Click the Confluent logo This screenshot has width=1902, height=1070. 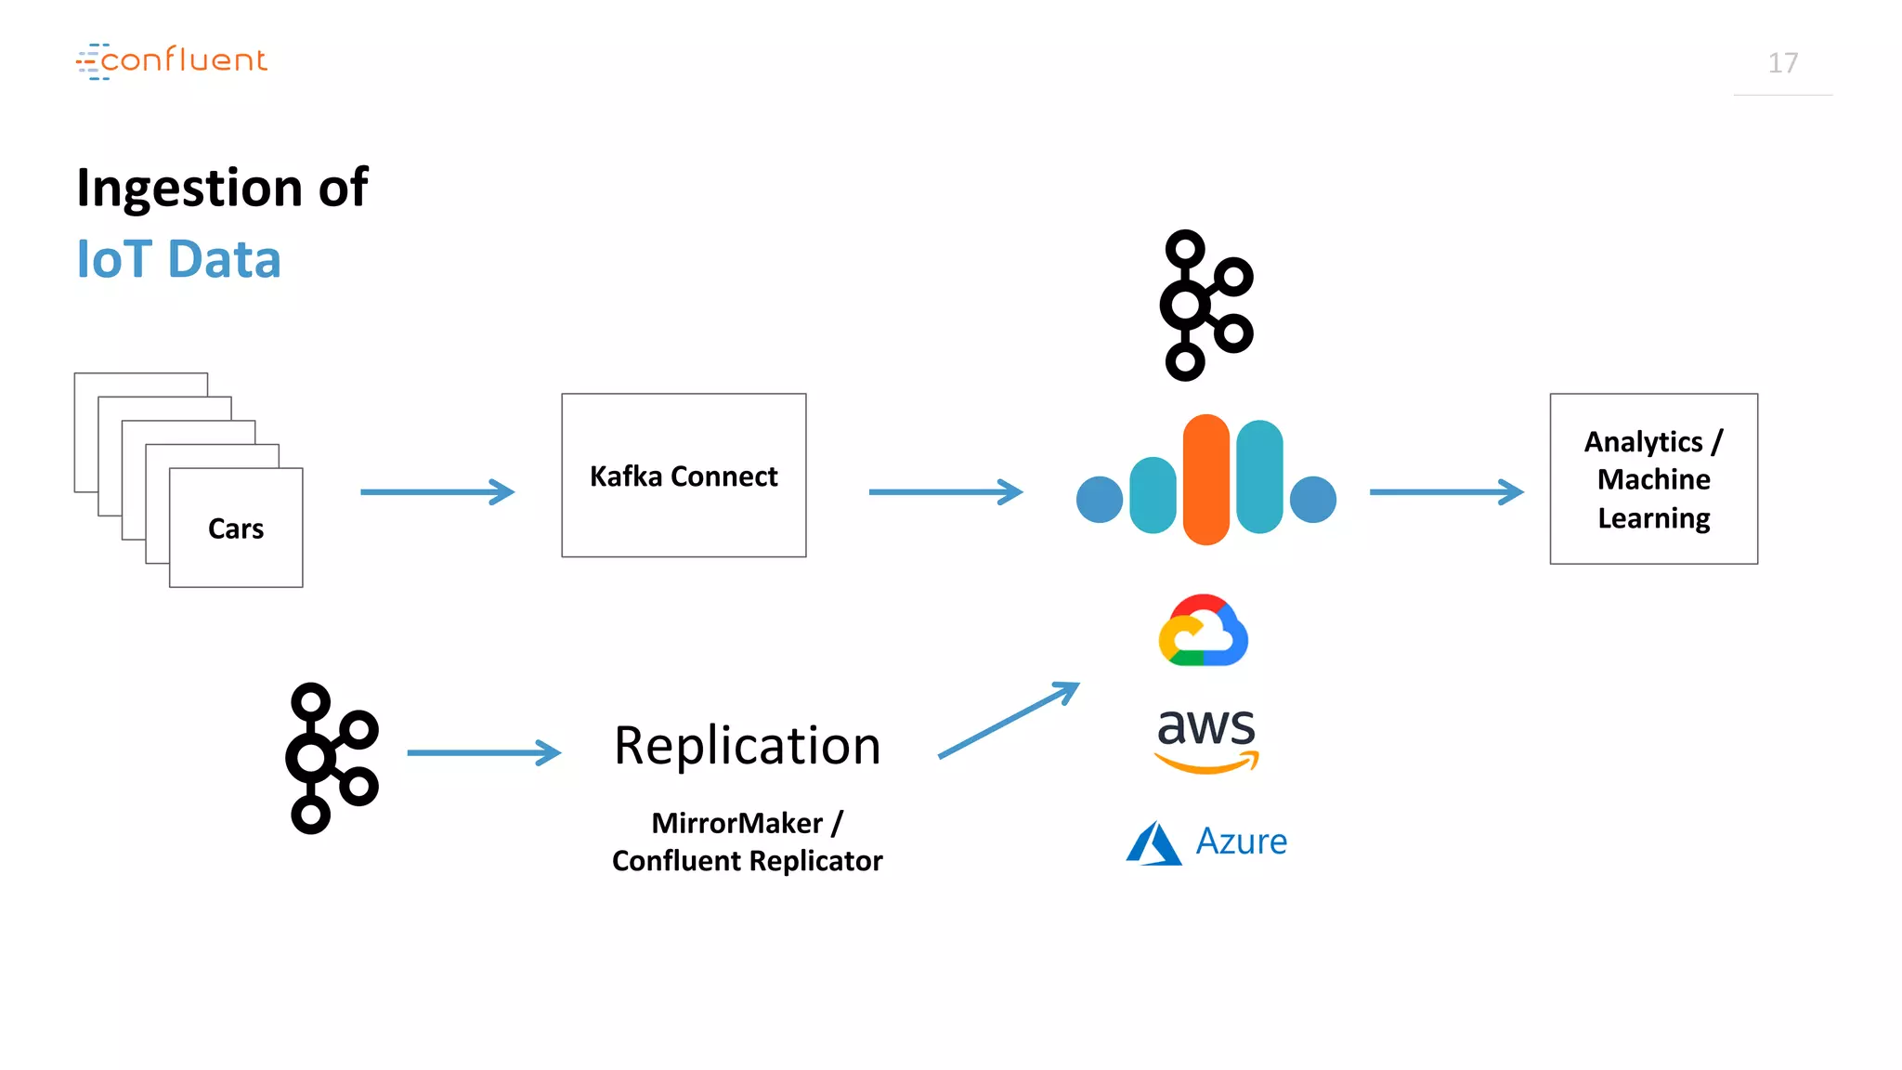click(172, 60)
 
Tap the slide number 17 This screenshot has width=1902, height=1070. click(1782, 63)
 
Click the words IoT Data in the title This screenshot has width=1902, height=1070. click(178, 259)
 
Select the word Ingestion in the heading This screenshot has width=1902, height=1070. click(189, 188)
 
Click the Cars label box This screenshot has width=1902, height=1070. click(236, 528)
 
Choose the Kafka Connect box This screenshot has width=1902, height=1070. click(684, 476)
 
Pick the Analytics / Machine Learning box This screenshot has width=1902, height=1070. click(1653, 479)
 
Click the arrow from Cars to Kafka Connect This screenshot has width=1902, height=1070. click(436, 491)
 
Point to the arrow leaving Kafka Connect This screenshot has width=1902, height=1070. click(944, 491)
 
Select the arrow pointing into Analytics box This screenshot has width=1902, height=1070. click(1446, 491)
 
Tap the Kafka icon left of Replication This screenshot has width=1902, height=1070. click(332, 758)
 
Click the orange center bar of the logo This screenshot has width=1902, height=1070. click(1205, 479)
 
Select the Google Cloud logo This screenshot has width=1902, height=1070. click(1203, 631)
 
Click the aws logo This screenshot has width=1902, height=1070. click(1205, 737)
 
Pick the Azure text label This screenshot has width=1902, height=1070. click(1241, 842)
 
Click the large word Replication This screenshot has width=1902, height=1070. click(747, 746)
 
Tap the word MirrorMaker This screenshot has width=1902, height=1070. click(736, 823)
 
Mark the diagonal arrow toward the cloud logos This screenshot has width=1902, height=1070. click(1009, 721)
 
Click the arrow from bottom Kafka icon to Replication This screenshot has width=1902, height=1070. click(484, 752)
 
